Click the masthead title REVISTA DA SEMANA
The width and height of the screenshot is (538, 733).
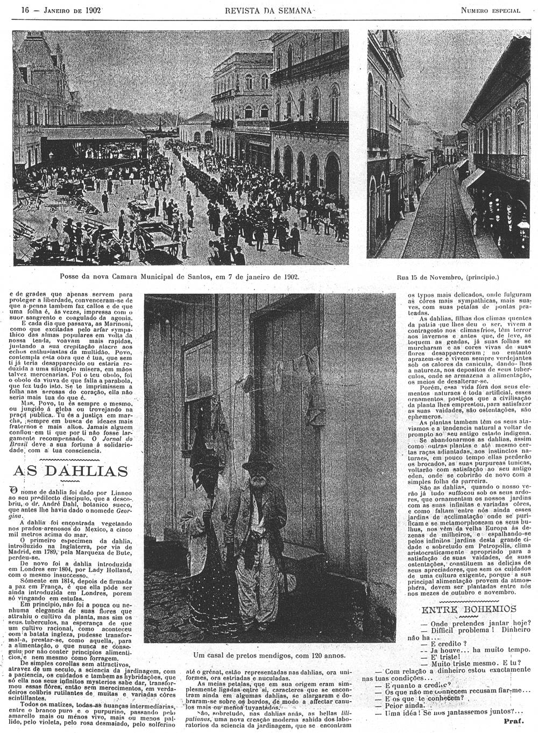coord(267,10)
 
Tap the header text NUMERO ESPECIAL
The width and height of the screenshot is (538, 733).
coord(490,10)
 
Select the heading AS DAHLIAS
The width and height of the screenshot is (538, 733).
coord(70,471)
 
